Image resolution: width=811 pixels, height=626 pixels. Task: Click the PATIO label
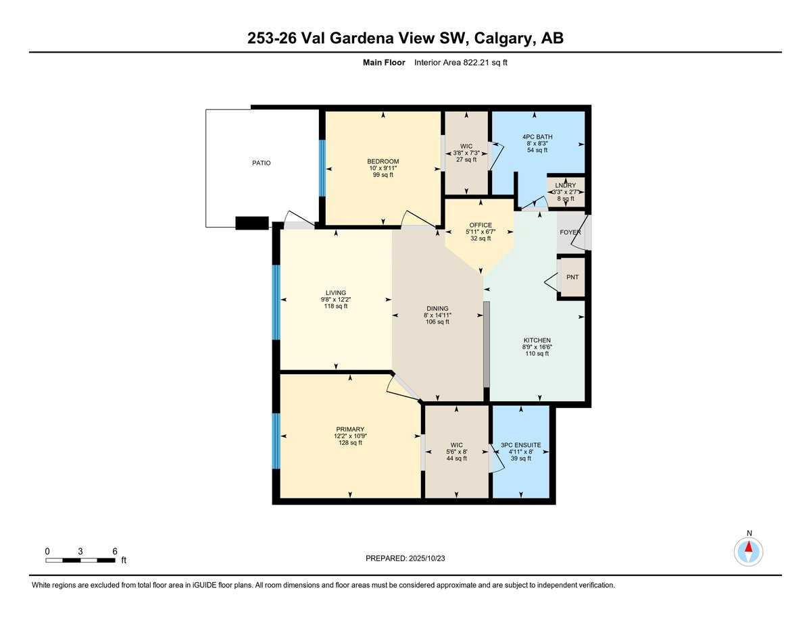coord(262,163)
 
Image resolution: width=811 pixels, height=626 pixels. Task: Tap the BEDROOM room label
coord(383,161)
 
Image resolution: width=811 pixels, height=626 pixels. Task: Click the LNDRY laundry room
coord(565,191)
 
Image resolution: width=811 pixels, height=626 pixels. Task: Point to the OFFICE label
coord(481,226)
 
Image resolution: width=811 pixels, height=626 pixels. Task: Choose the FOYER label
coord(570,232)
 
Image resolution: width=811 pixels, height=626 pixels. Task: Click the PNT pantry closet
coord(572,277)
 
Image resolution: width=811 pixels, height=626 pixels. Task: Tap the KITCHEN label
coord(537,340)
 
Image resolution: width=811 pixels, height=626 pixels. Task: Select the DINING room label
coord(437,309)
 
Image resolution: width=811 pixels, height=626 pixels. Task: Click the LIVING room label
coord(335,293)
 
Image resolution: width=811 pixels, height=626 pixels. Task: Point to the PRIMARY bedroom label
coord(350,429)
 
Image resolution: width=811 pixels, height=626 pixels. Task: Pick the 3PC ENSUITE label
coord(520,445)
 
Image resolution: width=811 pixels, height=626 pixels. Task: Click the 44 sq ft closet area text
coord(456,459)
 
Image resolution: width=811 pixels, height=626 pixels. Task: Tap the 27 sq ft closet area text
coord(466,159)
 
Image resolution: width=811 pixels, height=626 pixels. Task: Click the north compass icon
coord(748,550)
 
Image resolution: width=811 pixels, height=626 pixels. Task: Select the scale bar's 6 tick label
coord(115,551)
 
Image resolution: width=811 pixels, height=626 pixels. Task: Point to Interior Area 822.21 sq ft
coord(460,63)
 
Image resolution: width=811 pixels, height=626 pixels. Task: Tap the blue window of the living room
coord(276,302)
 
